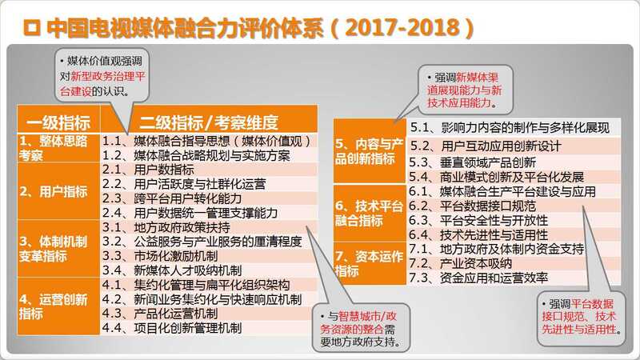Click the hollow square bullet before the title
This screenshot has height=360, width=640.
click(x=32, y=27)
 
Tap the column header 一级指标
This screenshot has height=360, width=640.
click(x=58, y=122)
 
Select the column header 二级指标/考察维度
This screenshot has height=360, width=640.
click(x=209, y=122)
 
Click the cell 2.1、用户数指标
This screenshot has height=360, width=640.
click(x=148, y=170)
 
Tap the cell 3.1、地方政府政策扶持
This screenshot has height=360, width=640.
click(x=166, y=227)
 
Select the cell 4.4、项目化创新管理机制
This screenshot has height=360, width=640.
click(x=172, y=328)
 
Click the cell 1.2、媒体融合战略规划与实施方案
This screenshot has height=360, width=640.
click(x=196, y=155)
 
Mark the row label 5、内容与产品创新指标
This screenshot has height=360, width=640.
click(x=369, y=151)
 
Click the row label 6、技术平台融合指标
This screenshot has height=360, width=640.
click(x=369, y=214)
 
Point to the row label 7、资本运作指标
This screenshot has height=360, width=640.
click(x=369, y=264)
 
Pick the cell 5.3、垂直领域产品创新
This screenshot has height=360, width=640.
click(x=473, y=163)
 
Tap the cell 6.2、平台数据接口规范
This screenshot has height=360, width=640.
click(x=472, y=206)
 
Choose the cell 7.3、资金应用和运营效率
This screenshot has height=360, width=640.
click(x=478, y=278)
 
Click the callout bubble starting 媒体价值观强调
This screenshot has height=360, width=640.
click(x=102, y=76)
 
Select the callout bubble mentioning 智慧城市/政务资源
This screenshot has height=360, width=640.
click(x=361, y=328)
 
